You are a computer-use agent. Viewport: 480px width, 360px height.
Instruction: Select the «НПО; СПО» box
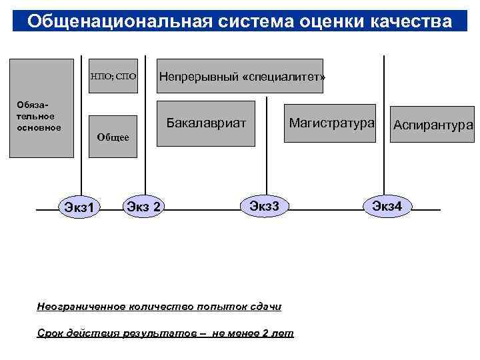[113, 76]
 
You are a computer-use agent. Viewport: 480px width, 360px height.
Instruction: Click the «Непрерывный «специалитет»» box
[242, 76]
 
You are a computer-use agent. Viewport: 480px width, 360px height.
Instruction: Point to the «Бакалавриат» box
[206, 123]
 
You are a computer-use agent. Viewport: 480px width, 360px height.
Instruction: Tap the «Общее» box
[113, 137]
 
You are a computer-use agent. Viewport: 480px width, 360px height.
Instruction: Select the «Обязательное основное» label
[40, 117]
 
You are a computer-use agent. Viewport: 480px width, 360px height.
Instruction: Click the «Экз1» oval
[79, 209]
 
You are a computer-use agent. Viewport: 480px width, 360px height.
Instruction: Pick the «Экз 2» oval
[144, 207]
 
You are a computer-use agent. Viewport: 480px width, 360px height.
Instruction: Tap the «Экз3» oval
[268, 205]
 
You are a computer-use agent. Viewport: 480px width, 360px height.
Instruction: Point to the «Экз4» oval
[387, 205]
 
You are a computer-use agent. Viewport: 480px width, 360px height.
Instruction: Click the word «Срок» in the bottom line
[50, 333]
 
